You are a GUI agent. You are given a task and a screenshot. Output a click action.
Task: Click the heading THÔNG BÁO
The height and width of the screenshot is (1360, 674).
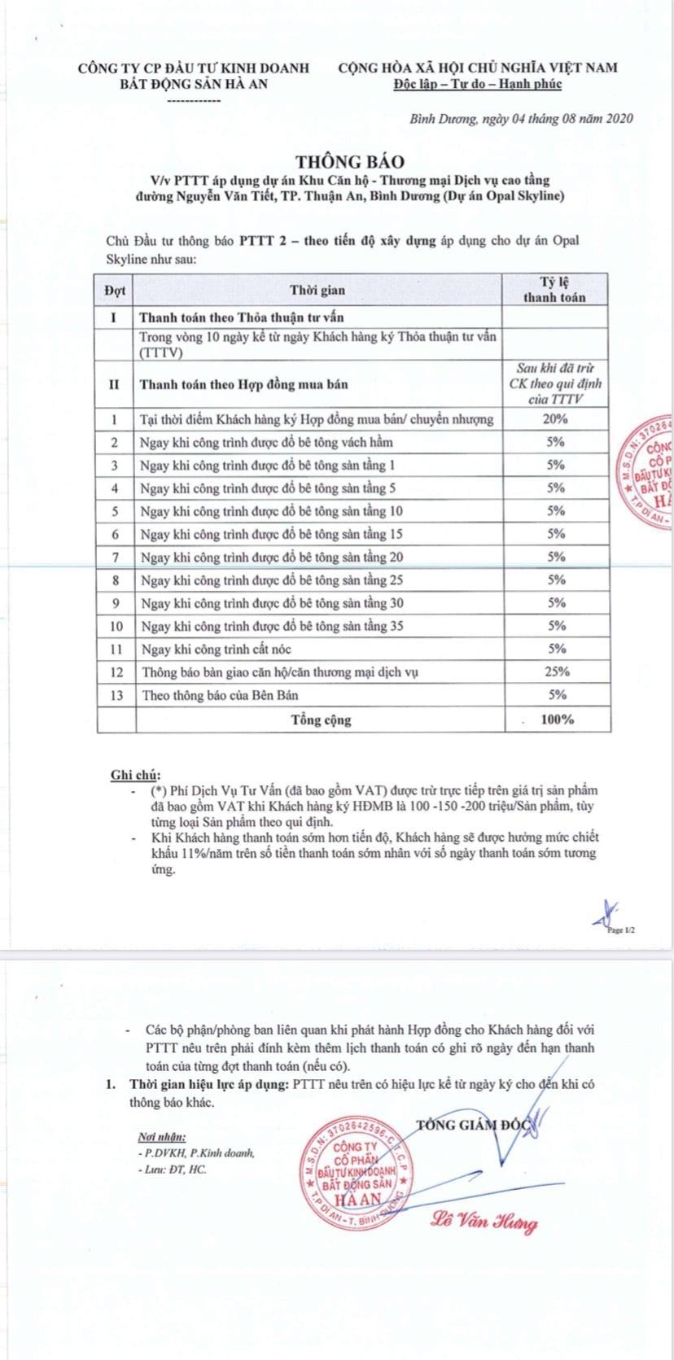[348, 162]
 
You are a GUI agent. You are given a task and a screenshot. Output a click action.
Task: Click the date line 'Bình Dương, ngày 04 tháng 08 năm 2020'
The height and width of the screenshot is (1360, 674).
[521, 119]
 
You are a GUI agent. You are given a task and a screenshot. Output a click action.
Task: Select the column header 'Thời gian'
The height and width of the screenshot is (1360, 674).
[317, 290]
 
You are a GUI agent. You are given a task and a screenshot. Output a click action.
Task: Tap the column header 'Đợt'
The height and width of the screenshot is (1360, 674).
[115, 290]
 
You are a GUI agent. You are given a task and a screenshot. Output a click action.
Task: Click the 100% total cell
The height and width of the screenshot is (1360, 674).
[558, 719]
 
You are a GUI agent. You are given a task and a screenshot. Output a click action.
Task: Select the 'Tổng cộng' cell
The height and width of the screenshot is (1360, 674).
[321, 720]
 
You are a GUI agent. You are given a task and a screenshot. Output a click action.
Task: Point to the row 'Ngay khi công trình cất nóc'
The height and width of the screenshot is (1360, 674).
[216, 649]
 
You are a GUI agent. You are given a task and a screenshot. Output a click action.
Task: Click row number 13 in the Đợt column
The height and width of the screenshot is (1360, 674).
[115, 696]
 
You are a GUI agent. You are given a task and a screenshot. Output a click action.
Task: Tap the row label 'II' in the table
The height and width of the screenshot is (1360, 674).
[115, 384]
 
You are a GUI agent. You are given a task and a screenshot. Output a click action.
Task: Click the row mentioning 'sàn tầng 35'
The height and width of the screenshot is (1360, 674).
[271, 627]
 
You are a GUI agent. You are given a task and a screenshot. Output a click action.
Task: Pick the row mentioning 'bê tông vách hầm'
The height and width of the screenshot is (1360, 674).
[266, 442]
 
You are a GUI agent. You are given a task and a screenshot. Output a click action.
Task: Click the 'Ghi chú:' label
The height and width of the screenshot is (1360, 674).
[135, 773]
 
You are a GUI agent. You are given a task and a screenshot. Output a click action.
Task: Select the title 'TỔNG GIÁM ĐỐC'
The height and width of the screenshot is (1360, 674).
[472, 1126]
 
